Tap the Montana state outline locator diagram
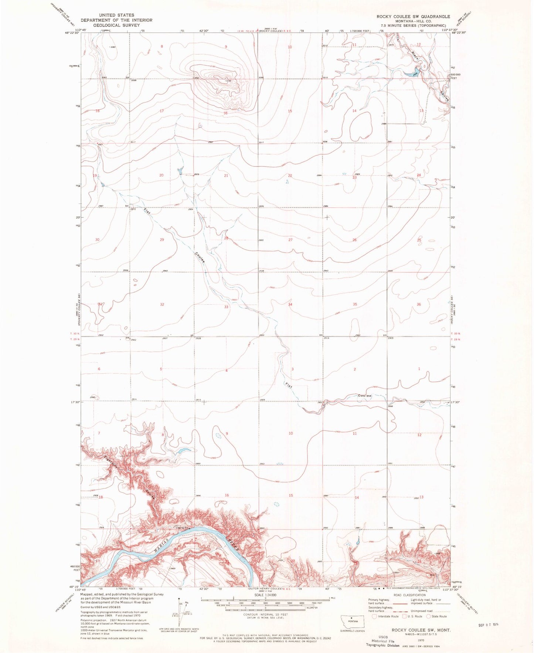(x=352, y=622)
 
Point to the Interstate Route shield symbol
(x=374, y=616)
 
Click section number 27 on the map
(x=290, y=240)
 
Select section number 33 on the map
(x=226, y=307)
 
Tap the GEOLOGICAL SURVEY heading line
(x=116, y=25)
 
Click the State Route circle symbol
(x=429, y=616)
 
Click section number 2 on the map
(x=355, y=369)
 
